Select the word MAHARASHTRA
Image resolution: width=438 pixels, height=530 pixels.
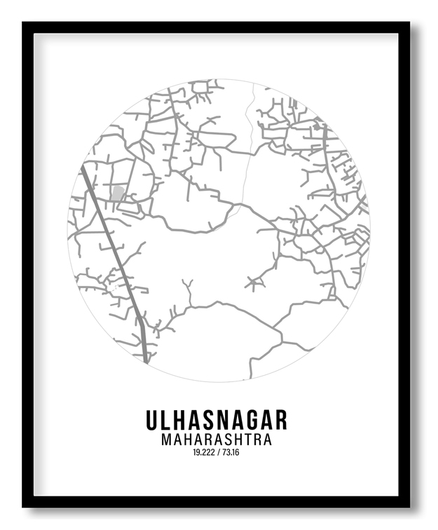217,440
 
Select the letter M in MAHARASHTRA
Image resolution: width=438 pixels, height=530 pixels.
166,440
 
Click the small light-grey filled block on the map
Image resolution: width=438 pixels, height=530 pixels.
118,193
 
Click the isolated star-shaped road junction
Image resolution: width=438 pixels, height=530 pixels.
254,283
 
